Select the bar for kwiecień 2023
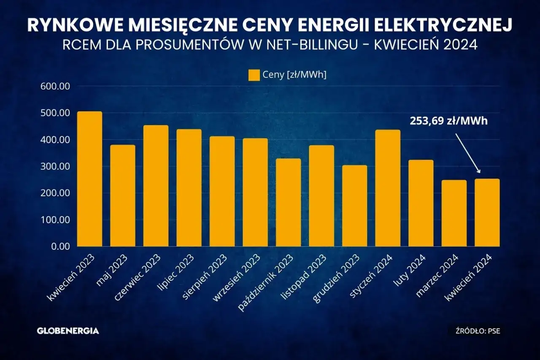89,179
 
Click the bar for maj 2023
123,196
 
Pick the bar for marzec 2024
454,213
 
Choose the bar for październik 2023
289,203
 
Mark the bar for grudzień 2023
354,206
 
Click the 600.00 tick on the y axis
55,87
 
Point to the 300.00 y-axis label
55,167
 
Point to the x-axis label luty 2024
415,270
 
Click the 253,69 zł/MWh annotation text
448,121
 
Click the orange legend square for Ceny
254,75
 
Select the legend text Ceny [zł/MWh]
294,75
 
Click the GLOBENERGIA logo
68,331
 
